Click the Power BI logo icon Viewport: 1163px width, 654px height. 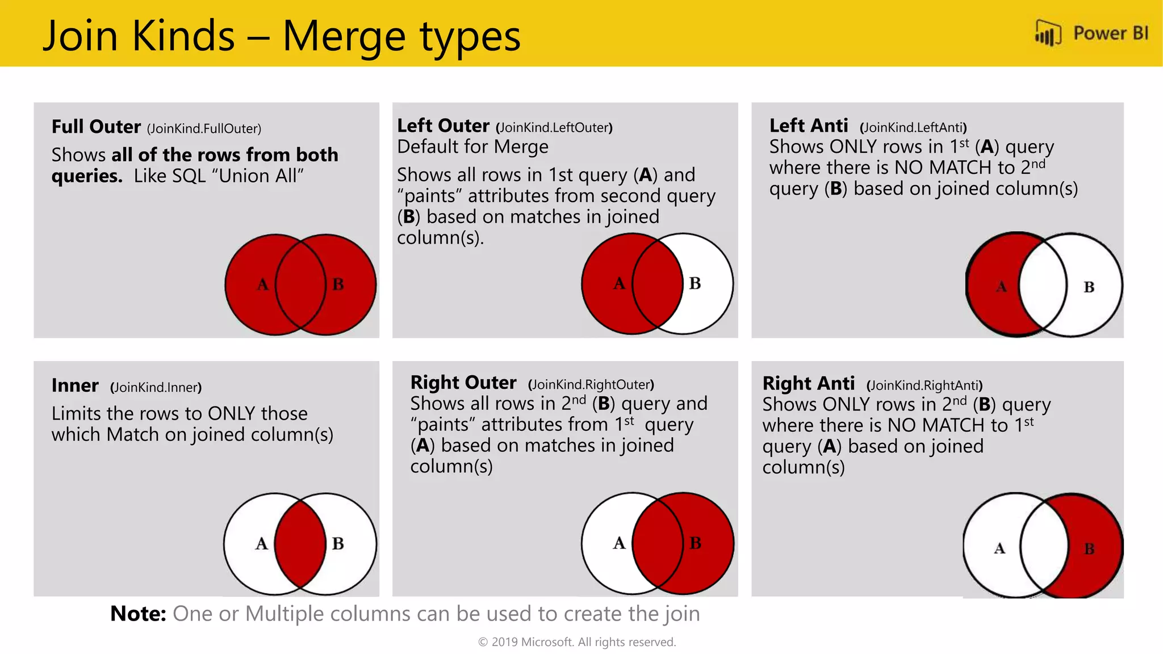click(1048, 33)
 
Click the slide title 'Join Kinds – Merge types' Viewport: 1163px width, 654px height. click(282, 36)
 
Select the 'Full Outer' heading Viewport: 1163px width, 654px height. click(96, 127)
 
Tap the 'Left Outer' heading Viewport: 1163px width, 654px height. click(443, 125)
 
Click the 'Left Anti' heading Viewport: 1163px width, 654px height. click(808, 125)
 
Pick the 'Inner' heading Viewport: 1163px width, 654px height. click(75, 385)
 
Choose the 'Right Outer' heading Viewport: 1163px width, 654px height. click(463, 383)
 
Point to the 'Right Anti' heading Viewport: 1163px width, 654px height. click(808, 384)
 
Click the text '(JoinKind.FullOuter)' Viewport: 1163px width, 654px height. click(204, 129)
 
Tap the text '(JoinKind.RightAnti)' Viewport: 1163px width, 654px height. click(924, 386)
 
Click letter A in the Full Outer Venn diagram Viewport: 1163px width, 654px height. click(262, 284)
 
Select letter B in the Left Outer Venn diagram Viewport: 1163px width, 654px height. click(695, 283)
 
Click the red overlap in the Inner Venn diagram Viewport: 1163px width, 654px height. click(300, 543)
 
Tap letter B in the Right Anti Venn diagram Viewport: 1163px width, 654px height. click(1089, 549)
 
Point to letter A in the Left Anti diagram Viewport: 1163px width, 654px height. click(1001, 287)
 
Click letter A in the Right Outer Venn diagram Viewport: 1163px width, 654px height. click(619, 543)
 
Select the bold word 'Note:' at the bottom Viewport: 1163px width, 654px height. click(138, 614)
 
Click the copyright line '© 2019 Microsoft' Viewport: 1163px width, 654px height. click(577, 642)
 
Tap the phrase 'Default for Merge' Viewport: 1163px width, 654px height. click(472, 147)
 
